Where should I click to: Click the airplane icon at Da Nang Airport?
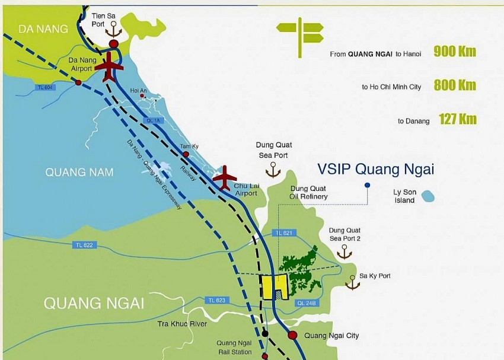pyautogui.click(x=110, y=66)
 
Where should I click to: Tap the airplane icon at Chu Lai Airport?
pyautogui.click(x=224, y=178)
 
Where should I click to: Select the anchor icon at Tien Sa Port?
pyautogui.click(x=113, y=29)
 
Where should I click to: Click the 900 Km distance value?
pyautogui.click(x=455, y=52)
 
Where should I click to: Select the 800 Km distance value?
pyautogui.click(x=455, y=85)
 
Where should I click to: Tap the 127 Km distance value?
pyautogui.click(x=457, y=119)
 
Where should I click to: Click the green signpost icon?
pyautogui.click(x=300, y=32)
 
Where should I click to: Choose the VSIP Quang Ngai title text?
pyautogui.click(x=376, y=169)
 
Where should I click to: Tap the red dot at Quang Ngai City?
pyautogui.click(x=293, y=335)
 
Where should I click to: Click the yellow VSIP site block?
pyautogui.click(x=275, y=288)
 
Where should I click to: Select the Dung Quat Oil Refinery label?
pyautogui.click(x=308, y=192)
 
